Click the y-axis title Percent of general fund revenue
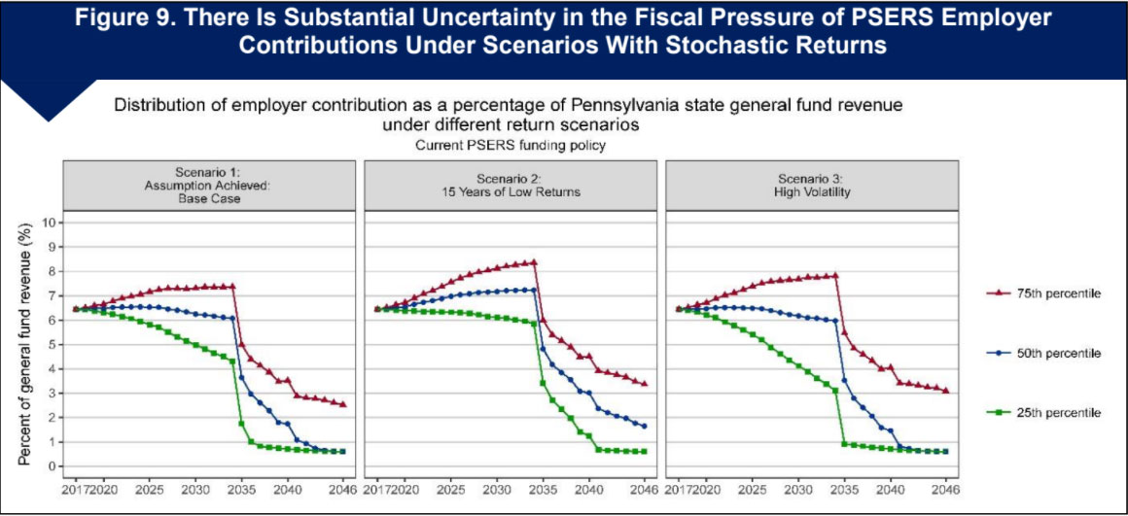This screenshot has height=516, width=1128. tap(25, 344)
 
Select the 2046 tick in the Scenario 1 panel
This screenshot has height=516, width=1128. tap(342, 491)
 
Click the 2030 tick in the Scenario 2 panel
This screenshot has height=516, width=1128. tap(497, 491)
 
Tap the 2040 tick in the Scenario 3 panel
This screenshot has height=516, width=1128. tap(890, 491)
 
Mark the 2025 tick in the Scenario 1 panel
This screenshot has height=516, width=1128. tap(150, 491)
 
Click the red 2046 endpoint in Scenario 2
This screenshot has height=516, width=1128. tap(645, 383)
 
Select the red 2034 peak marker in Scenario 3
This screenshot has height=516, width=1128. tap(834, 275)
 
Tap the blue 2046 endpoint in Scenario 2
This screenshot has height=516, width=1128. tap(645, 426)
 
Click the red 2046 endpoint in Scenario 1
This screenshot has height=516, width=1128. tap(343, 404)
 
